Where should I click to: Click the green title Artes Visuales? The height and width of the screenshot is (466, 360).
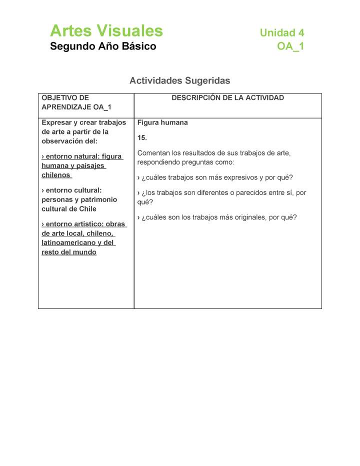coord(106,31)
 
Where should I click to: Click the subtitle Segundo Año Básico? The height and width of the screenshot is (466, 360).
coord(103,46)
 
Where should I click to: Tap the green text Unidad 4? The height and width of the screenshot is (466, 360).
coord(281,33)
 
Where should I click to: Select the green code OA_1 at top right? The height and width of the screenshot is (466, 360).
coord(290,47)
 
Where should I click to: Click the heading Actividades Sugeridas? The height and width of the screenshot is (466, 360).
coord(179,80)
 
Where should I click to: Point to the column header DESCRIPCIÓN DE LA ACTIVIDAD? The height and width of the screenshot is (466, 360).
coord(227,98)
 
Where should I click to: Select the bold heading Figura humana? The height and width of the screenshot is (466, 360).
coord(162,122)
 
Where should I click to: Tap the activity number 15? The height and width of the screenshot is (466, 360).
coord(142,137)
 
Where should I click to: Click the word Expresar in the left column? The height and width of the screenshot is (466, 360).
coord(56,122)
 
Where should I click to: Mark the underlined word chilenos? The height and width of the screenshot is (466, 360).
coord(55,175)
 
